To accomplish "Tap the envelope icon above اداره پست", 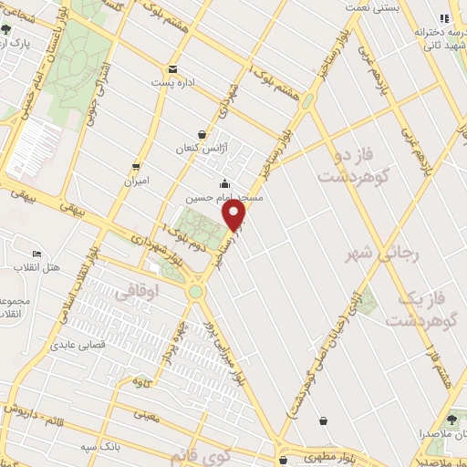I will coord(172,69).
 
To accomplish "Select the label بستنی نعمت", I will coord(371,7).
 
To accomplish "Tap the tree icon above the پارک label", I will coord(6,29).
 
